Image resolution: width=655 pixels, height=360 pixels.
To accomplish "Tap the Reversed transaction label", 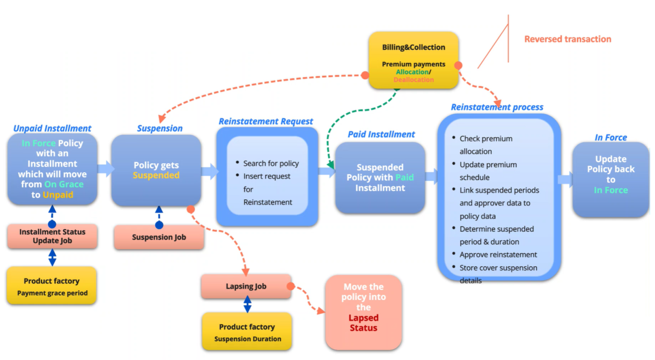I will [x=568, y=39].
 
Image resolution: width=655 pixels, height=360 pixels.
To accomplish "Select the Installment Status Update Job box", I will [x=52, y=237].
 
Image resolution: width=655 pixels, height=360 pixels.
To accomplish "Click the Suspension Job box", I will [x=159, y=237].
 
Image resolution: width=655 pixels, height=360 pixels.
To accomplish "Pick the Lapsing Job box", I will [x=246, y=286].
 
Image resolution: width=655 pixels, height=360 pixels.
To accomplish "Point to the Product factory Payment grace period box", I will [x=51, y=286].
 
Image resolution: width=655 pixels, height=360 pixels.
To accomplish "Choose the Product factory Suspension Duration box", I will [x=247, y=332].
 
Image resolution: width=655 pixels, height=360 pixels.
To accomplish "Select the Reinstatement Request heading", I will [x=266, y=122].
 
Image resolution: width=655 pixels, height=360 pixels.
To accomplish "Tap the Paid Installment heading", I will [x=381, y=134].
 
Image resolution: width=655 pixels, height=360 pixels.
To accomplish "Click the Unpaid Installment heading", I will [x=52, y=129].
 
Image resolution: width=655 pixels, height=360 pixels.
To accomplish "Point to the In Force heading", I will [x=610, y=138].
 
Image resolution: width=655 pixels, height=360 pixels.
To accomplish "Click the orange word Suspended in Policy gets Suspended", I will [x=156, y=175].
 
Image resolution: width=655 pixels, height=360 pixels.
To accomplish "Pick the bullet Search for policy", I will [x=271, y=164].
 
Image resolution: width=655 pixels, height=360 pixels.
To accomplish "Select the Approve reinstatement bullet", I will [x=498, y=255].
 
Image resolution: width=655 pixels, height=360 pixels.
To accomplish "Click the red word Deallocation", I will [x=413, y=79].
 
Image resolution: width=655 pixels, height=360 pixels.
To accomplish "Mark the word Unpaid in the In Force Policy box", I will [x=58, y=195].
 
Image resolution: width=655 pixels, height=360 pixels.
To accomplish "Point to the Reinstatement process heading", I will [x=497, y=107].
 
